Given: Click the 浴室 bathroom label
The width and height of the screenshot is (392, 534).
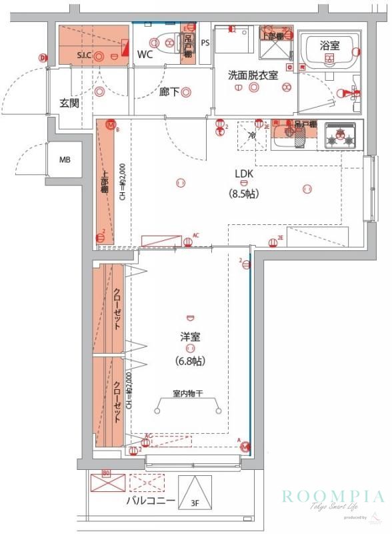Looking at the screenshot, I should [x=329, y=45].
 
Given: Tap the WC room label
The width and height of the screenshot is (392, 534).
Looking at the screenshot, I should [x=146, y=54].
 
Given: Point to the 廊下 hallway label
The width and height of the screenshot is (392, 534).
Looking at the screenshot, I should [x=169, y=92].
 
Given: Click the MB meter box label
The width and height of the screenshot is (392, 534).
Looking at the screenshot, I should [x=65, y=160].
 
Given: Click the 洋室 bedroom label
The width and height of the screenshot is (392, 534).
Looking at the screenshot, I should [x=190, y=336].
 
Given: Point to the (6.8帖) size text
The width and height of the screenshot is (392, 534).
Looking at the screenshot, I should [x=190, y=361].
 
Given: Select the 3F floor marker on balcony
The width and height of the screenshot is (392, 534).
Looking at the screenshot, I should [x=195, y=505].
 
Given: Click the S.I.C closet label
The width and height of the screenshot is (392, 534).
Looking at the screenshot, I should [x=85, y=55].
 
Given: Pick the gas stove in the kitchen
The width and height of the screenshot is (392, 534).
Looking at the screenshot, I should [x=341, y=137].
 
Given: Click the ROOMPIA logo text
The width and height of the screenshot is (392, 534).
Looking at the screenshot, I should [x=333, y=496].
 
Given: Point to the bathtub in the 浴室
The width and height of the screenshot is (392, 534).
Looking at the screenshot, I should [x=329, y=57].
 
